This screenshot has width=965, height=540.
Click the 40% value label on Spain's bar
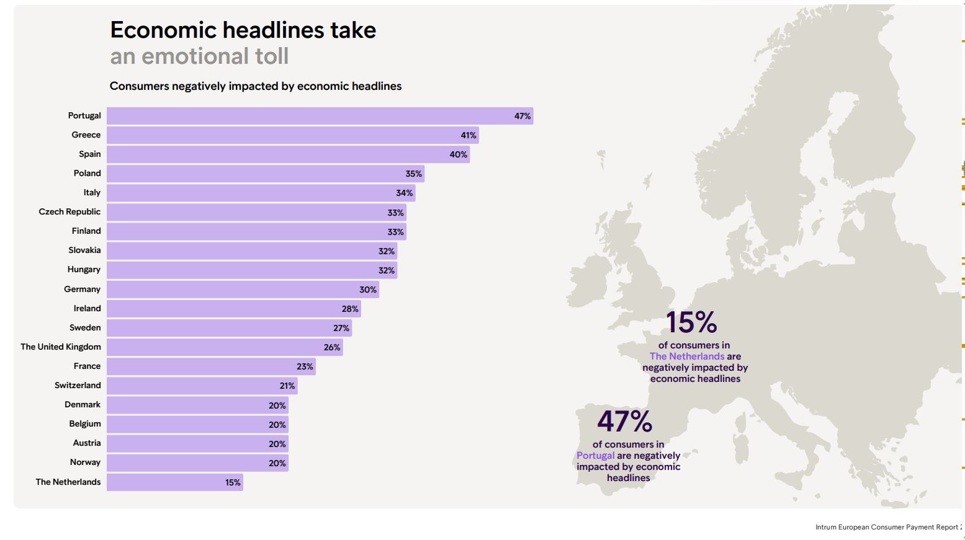(459, 154)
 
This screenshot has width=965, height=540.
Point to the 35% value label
(413, 174)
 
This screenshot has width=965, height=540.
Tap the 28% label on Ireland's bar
(350, 309)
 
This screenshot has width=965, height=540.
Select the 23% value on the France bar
(305, 366)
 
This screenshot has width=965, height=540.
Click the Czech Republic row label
(70, 212)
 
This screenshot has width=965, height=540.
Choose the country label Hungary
(84, 270)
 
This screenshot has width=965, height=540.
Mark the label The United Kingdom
(61, 347)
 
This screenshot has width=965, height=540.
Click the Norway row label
(85, 463)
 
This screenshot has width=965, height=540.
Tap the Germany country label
(82, 290)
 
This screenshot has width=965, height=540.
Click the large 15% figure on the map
(691, 322)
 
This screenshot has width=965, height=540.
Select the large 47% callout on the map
(624, 422)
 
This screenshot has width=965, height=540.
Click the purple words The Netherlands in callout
(687, 356)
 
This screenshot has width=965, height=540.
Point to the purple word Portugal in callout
(595, 456)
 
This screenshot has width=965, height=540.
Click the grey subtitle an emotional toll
(199, 56)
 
